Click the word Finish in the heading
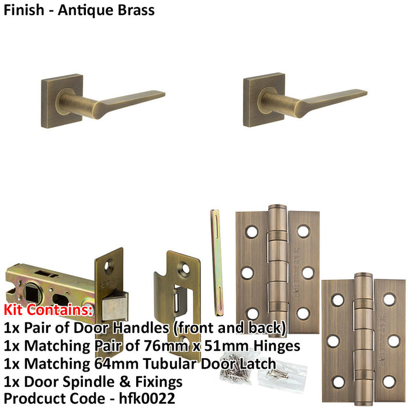pyautogui.click(x=22, y=10)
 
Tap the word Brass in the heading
pyautogui.click(x=137, y=10)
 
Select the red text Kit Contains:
pyautogui.click(x=48, y=310)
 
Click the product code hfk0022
pyautogui.click(x=150, y=399)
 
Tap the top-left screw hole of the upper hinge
pyautogui.click(x=251, y=231)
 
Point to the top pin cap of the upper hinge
pyautogui.click(x=275, y=208)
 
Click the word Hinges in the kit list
pyautogui.click(x=276, y=346)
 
